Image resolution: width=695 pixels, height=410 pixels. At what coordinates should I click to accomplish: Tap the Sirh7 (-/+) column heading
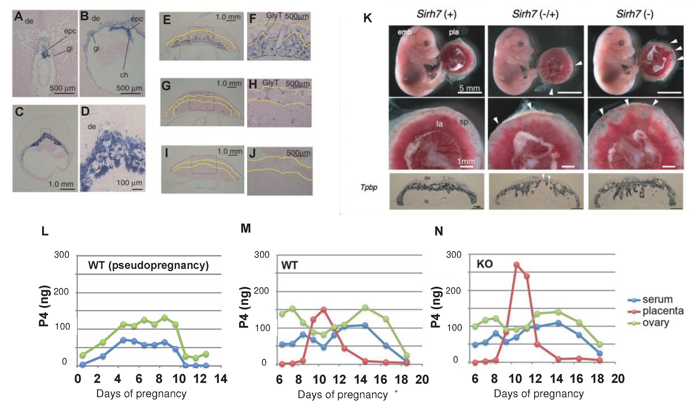(535, 14)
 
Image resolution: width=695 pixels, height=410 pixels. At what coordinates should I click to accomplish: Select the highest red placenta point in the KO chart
(516, 265)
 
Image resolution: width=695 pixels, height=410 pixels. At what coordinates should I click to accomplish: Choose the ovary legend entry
(655, 323)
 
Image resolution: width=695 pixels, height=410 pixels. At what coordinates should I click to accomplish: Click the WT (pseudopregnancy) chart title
(148, 265)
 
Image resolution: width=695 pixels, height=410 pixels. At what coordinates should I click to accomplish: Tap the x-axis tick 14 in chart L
(221, 379)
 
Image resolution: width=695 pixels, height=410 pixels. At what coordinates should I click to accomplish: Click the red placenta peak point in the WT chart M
(323, 309)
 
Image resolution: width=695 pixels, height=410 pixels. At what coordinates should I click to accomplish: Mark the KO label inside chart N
(485, 264)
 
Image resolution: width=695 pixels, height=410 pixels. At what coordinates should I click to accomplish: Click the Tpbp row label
(369, 187)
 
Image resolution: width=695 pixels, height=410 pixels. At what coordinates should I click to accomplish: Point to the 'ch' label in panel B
(124, 75)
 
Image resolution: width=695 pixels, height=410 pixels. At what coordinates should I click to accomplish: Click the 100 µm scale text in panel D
(129, 183)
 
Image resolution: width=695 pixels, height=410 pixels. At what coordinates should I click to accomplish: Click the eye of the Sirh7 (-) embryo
(622, 43)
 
